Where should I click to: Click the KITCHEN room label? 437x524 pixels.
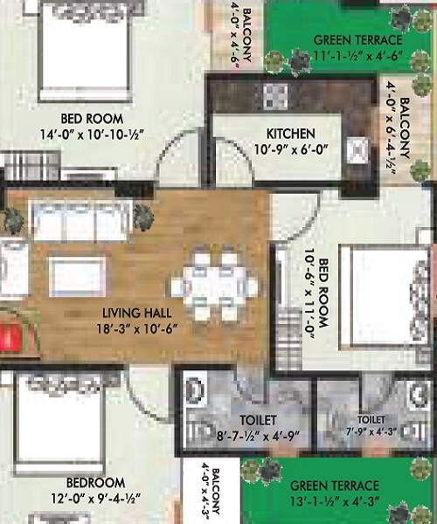pyautogui.click(x=291, y=134)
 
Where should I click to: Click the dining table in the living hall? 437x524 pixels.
pyautogui.click(x=214, y=286)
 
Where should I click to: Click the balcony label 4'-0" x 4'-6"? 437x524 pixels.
pyautogui.click(x=239, y=35)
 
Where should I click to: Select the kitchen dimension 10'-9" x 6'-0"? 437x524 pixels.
pyautogui.click(x=291, y=149)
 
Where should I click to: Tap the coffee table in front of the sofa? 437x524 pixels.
pyautogui.click(x=78, y=275)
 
